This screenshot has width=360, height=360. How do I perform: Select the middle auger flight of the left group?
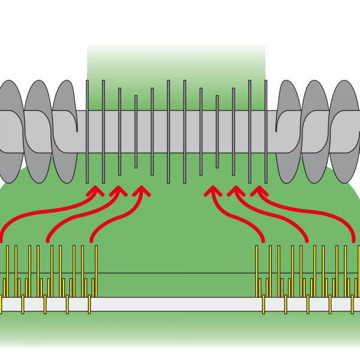(37, 132)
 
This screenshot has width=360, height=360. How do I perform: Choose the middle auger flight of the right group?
(316, 132)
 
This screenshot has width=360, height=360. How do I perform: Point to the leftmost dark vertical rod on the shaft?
(87, 132)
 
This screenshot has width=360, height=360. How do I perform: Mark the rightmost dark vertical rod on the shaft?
(266, 132)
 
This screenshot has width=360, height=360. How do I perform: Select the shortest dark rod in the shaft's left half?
(136, 132)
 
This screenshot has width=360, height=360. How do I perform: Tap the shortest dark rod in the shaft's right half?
(217, 132)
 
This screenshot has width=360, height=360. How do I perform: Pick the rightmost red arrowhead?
(258, 191)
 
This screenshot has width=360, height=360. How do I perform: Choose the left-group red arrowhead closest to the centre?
(142, 191)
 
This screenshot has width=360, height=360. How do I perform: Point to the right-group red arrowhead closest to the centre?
(211, 191)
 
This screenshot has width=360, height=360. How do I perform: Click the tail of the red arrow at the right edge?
(353, 240)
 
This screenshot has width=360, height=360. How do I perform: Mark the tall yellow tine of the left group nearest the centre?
(96, 270)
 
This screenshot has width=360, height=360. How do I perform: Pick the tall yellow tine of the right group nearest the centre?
(257, 270)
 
